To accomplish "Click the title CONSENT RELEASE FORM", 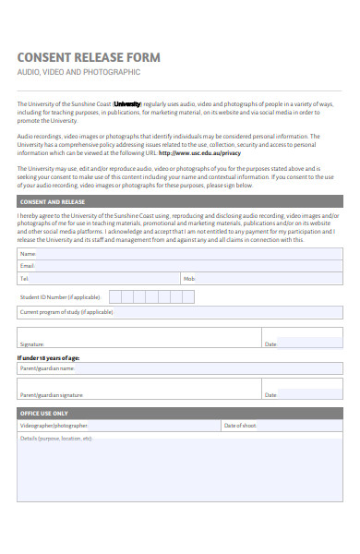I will click(x=88, y=57).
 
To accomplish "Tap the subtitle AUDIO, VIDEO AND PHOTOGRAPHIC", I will click(x=78, y=71).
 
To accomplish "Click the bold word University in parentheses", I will click(x=126, y=104).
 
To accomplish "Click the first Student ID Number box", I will click(x=115, y=296).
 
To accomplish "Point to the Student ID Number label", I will click(x=60, y=297).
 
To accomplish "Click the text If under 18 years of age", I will click(x=49, y=357).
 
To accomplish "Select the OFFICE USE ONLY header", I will click(x=43, y=413).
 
